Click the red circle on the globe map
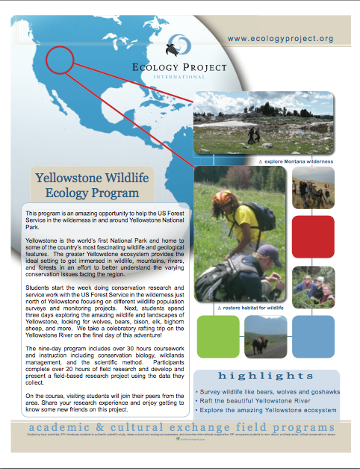point(65,58)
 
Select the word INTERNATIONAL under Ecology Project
point(179,77)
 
